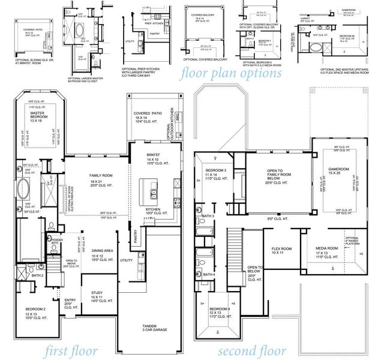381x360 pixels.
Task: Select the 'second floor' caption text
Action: pyautogui.click(x=251, y=350)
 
